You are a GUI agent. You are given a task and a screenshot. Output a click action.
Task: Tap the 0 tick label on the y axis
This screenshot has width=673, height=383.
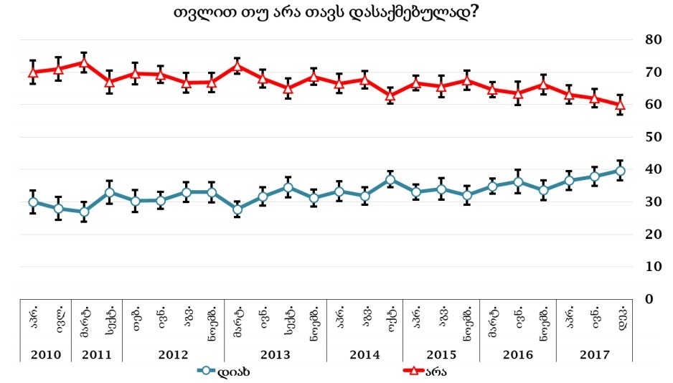click(x=654, y=299)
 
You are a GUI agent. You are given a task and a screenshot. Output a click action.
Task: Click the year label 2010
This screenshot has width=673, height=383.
click(x=45, y=354)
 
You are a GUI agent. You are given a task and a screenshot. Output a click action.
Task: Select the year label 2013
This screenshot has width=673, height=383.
click(x=276, y=354)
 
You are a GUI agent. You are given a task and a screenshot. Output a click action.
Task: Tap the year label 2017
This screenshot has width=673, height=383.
click(x=594, y=354)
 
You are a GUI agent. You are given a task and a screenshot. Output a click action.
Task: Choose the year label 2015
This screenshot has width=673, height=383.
click(x=441, y=354)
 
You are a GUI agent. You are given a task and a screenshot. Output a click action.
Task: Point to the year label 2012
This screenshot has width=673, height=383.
click(x=174, y=354)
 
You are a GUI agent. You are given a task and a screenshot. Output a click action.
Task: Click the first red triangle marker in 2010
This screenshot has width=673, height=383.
click(x=33, y=72)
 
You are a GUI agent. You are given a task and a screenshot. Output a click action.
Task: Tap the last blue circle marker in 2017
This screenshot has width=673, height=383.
click(x=621, y=171)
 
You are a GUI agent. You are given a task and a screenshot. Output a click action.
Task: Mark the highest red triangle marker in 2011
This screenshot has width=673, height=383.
click(x=84, y=62)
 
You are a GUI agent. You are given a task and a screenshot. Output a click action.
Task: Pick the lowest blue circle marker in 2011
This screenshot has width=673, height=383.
click(x=84, y=212)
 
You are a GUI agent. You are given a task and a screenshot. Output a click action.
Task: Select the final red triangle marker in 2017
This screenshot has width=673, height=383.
click(x=621, y=104)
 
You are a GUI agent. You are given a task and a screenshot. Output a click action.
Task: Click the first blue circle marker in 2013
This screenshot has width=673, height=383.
click(x=237, y=209)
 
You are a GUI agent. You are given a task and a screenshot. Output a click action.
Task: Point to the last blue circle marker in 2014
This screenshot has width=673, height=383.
click(x=390, y=179)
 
